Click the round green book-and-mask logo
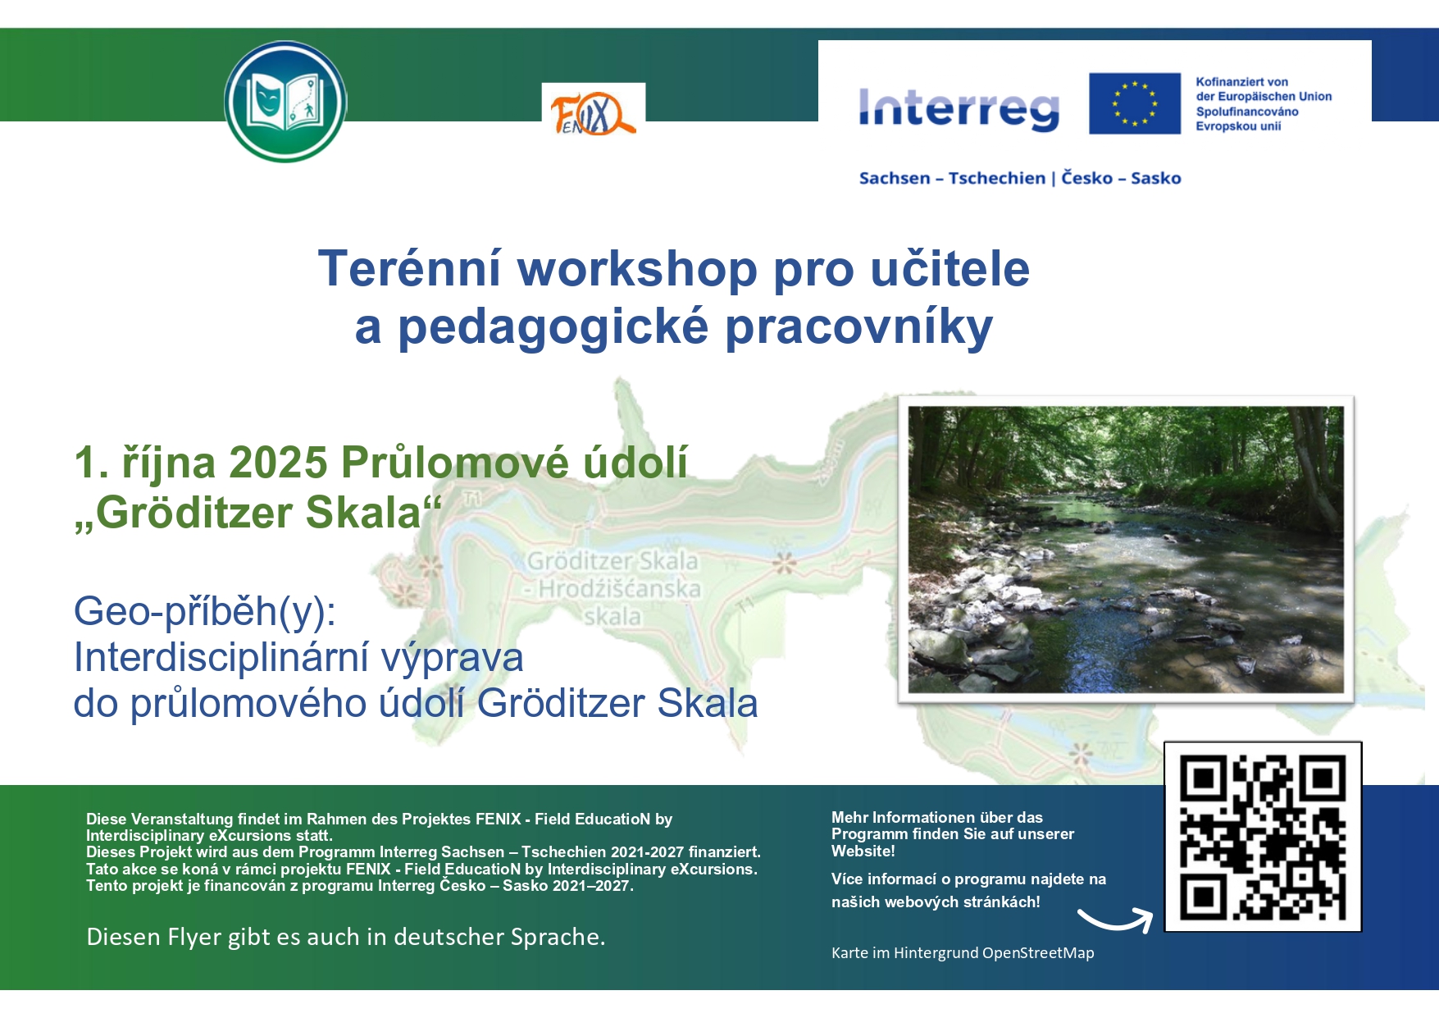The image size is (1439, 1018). point(285,102)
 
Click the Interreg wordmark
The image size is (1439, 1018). point(959,110)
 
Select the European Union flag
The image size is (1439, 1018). point(1135,103)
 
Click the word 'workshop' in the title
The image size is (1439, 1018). point(637,268)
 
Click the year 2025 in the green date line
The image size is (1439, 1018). point(278,462)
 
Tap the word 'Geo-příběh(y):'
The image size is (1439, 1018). point(205,611)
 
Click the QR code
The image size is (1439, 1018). point(1263,837)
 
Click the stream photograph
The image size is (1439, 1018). point(1126,550)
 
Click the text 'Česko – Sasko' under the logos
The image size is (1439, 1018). point(1121,178)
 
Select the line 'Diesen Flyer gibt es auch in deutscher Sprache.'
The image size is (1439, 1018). point(346,937)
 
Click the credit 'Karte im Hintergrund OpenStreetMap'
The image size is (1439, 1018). point(963,952)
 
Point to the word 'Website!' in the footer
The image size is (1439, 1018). point(863,851)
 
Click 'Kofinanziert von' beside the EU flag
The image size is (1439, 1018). point(1241,82)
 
